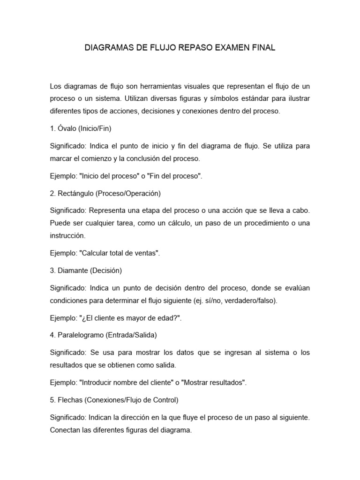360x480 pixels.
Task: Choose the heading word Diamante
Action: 73,270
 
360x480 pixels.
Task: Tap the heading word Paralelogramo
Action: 83,335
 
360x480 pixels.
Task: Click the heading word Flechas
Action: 71,400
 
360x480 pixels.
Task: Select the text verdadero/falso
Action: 252,301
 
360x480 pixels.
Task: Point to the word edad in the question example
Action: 167,318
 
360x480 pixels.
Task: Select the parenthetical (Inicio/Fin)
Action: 96,128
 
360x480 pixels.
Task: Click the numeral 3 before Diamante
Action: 52,270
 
